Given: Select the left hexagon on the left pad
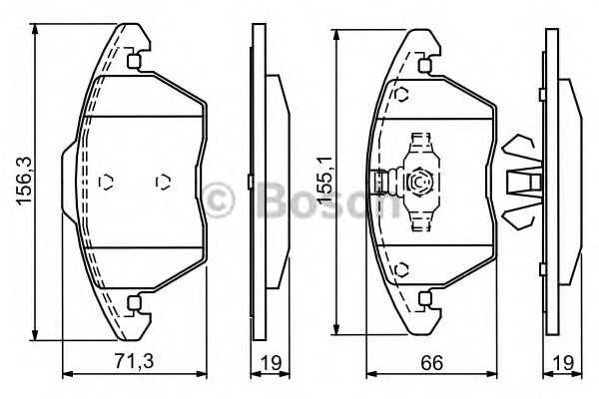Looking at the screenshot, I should (108, 182).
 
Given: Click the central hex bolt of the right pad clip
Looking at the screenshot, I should (420, 182).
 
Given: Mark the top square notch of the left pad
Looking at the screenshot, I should (134, 61).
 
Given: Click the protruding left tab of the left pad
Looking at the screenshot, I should (69, 182).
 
